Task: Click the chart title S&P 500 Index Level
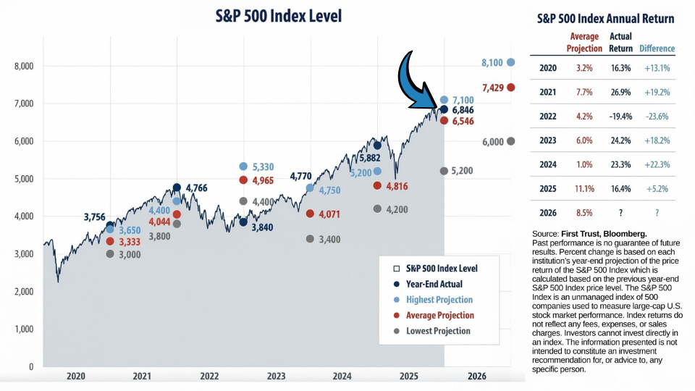click(278, 16)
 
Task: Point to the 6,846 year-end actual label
click(463, 110)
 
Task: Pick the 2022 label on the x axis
click(209, 377)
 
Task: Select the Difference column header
click(657, 49)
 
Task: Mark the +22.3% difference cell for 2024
click(657, 164)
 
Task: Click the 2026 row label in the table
click(548, 213)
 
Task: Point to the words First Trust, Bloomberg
click(604, 233)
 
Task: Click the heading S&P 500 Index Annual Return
click(606, 19)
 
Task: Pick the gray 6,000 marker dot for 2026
click(511, 141)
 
